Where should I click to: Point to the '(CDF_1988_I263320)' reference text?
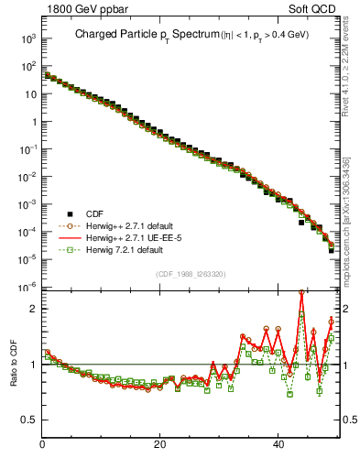click(x=191, y=273)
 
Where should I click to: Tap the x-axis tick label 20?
click(x=160, y=445)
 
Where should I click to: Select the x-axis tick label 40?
click(x=278, y=445)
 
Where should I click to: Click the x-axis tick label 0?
click(x=42, y=445)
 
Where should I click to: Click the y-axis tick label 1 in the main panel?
click(x=33, y=122)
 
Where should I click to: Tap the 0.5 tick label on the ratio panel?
click(x=28, y=420)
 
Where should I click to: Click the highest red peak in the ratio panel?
click(x=301, y=292)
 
